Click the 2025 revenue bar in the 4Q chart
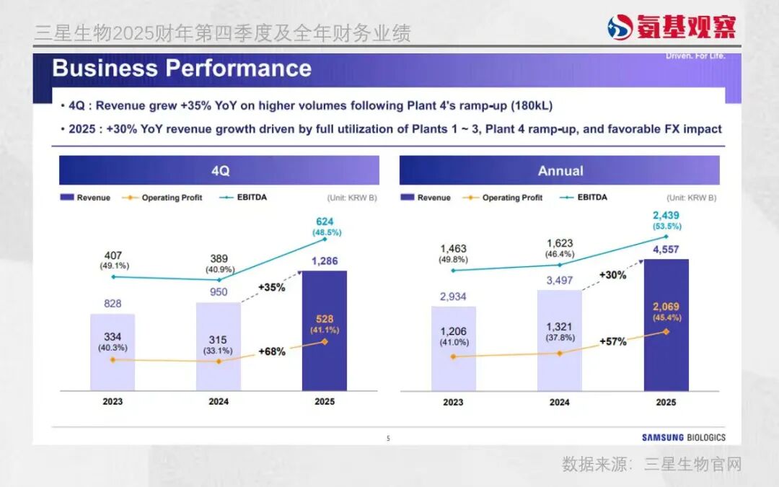324,361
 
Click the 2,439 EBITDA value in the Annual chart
666,214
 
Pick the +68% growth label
272,352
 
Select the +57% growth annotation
613,341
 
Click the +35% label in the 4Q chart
272,287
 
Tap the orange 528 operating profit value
325,319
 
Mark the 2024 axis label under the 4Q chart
219,402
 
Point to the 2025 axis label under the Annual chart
666,402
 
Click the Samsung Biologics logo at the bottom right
684,437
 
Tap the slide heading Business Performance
182,69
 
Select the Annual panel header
560,171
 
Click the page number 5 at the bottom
388,438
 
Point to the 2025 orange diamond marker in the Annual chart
666,332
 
